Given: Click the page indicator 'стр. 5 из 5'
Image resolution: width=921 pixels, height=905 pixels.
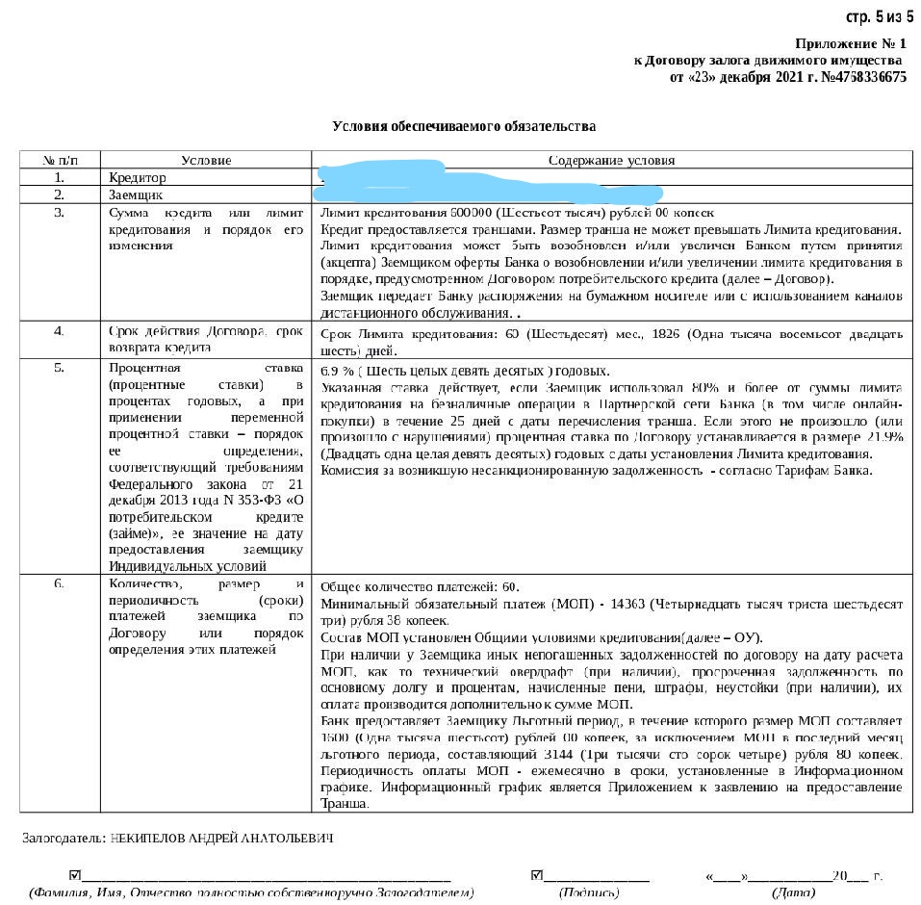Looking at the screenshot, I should point(879,17).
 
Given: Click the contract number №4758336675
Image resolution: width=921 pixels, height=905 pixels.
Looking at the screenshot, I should point(863,77).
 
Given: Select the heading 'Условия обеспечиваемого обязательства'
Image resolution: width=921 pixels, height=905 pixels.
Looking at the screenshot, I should point(464,126).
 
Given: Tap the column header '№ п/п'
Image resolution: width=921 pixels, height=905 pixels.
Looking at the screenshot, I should point(60,160).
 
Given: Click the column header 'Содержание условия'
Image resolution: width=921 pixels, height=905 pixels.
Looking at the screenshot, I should point(611,160).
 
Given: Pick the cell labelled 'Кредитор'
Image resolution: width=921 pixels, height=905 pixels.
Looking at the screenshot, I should point(137,178).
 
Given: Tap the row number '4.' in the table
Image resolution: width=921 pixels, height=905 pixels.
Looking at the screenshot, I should point(60,331).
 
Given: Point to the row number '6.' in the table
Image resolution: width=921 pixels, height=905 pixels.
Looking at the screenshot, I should point(60,584).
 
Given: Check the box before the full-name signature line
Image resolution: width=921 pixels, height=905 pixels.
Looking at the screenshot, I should point(75,876).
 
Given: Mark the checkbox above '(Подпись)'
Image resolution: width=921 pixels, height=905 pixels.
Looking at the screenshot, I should point(537,876).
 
